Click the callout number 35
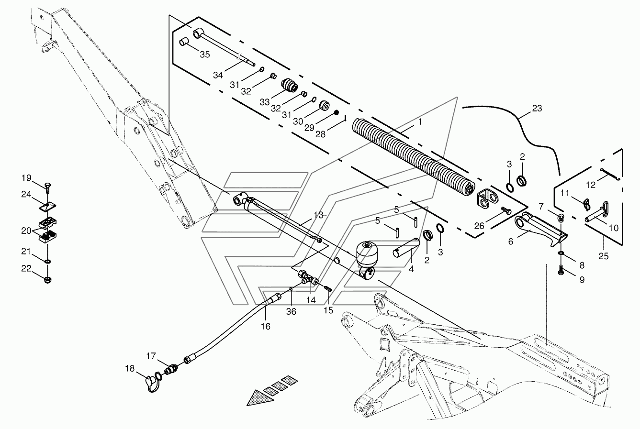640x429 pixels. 205,54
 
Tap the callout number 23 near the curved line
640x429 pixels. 537,108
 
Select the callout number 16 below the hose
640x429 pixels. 265,326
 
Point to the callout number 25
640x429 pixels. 604,256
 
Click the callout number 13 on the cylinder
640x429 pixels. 318,215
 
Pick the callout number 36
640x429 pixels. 291,311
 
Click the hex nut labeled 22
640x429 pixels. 48,280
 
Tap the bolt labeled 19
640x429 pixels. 48,187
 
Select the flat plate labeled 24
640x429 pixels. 47,206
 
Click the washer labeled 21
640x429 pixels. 48,261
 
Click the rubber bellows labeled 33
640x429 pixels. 290,85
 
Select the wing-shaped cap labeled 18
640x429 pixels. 152,384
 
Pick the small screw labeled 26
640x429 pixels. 506,211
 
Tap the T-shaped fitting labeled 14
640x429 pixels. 308,278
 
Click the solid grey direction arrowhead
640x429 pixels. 260,398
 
